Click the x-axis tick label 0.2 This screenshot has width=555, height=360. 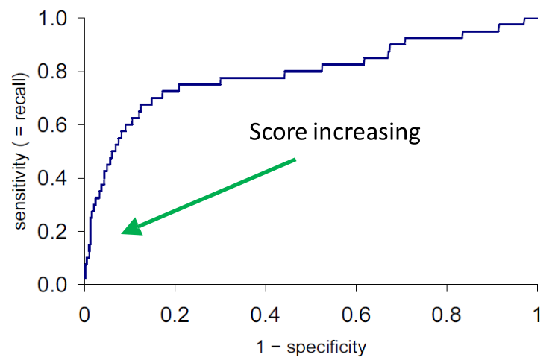(175, 312)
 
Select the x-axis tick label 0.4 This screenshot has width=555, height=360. (266, 312)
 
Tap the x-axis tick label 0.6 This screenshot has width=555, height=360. (356, 312)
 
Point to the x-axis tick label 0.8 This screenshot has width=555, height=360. (447, 312)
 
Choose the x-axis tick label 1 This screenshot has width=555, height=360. (537, 312)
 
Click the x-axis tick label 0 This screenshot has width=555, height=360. (84, 312)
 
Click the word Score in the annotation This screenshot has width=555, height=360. (277, 133)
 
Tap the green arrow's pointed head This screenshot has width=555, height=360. (125, 231)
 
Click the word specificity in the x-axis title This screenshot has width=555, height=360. (328, 347)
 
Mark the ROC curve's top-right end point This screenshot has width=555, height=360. (537, 18)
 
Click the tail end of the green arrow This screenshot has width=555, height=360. (296, 159)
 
